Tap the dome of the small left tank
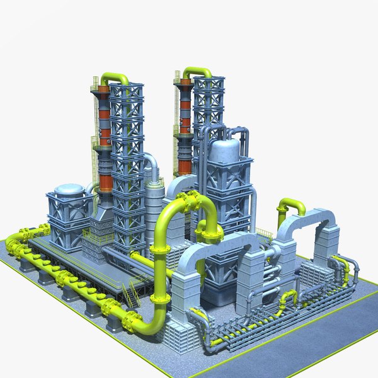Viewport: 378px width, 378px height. [x=69, y=189]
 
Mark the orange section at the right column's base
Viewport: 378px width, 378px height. [x=185, y=165]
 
